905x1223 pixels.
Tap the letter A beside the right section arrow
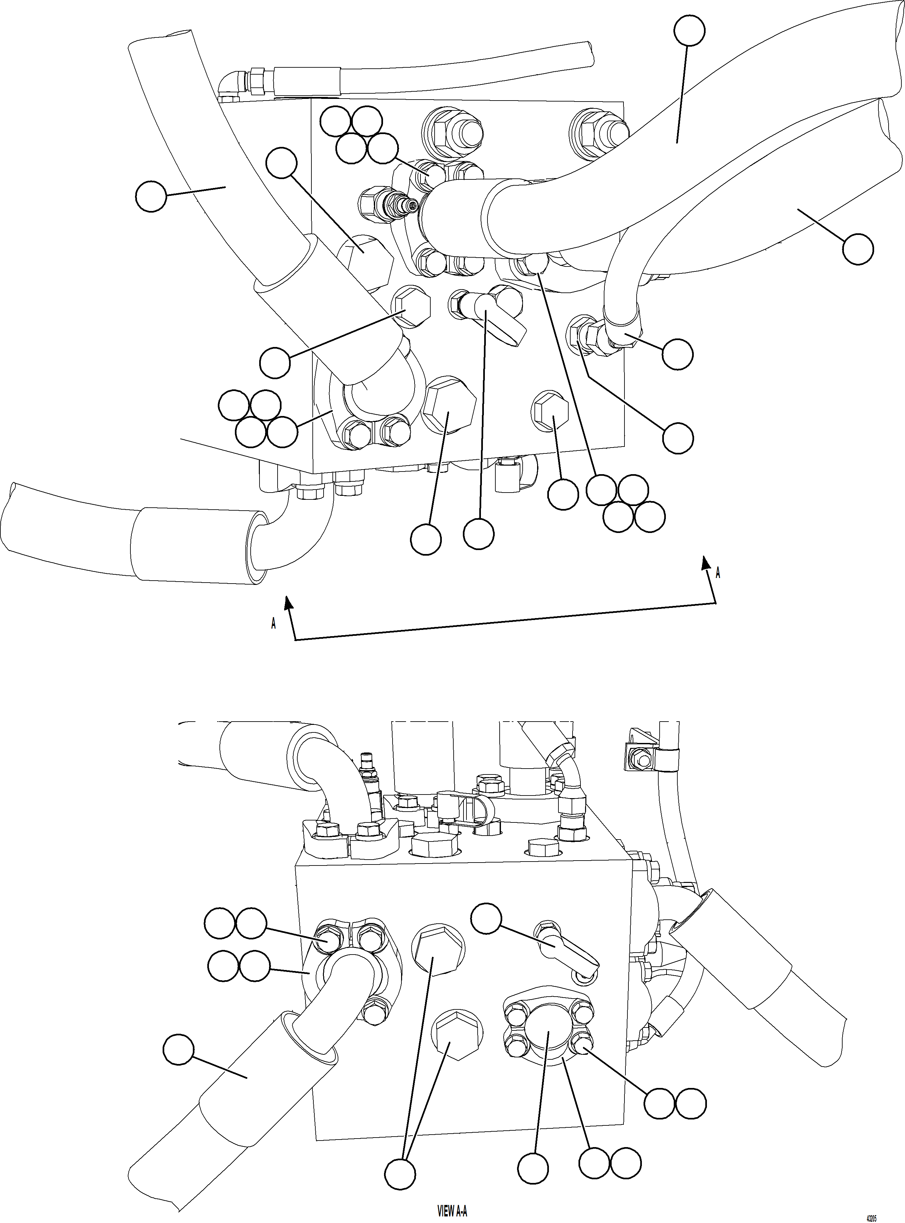coord(718,573)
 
